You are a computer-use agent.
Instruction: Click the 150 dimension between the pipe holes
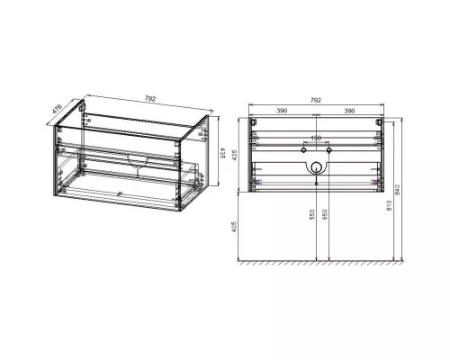click(x=316, y=138)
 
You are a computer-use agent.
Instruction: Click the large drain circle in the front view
click(x=316, y=166)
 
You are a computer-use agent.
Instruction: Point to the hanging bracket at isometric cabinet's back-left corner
click(x=84, y=109)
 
